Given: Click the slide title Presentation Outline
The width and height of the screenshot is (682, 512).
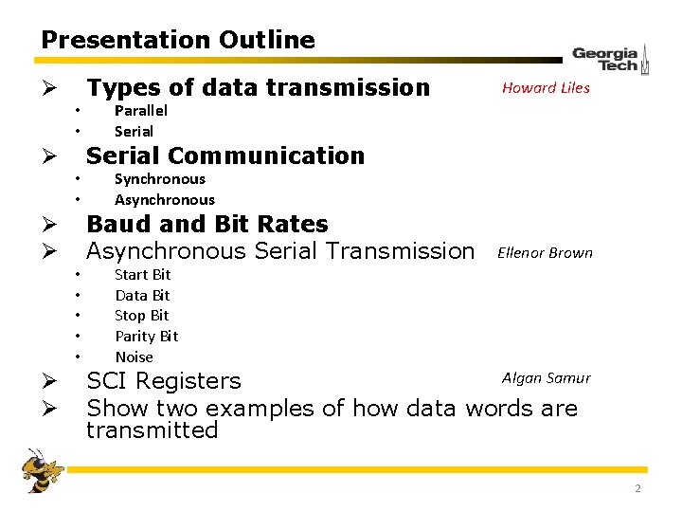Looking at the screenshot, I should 178,40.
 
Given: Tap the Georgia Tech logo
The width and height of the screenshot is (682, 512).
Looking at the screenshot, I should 610,59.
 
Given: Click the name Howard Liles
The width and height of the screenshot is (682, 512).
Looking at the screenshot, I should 546,88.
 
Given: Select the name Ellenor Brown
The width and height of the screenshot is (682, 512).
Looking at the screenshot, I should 545,253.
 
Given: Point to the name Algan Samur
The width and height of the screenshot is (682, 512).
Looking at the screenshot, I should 546,378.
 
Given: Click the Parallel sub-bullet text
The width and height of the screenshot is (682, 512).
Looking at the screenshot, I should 141,111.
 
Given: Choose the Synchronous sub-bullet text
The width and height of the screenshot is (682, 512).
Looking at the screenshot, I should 159,179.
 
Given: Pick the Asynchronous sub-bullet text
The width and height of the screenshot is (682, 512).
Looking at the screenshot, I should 164,200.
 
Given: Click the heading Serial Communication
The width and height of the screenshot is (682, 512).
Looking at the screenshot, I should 225,155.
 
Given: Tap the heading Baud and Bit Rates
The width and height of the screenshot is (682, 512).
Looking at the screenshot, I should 206,225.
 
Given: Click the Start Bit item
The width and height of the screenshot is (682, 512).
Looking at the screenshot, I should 142,275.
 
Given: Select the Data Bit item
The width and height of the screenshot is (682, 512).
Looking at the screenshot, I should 142,296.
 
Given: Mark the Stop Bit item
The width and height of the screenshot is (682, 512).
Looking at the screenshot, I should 141,316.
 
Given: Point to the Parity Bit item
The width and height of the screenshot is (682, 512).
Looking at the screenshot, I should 146,337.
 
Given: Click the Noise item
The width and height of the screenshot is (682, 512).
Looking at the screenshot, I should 134,357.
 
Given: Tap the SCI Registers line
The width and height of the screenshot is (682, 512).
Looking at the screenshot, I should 164,381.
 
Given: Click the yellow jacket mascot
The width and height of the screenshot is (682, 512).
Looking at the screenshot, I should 42,470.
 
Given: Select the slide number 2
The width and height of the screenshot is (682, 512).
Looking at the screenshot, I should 637,488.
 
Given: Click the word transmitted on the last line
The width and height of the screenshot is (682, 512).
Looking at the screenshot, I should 152,430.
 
